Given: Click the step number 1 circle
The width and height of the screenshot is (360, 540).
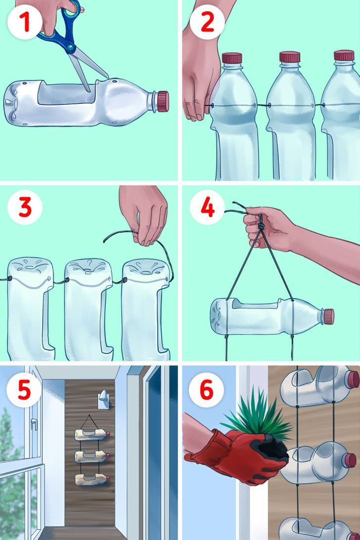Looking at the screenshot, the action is pyautogui.click(x=25, y=22).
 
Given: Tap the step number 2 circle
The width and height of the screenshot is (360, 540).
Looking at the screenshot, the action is pyautogui.click(x=207, y=22).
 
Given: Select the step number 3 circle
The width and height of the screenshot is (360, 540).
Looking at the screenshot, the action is pyautogui.click(x=25, y=207).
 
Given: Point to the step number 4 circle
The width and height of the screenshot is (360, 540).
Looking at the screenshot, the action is pyautogui.click(x=207, y=207).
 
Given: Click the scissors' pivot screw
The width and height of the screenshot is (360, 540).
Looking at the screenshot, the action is pyautogui.click(x=70, y=46).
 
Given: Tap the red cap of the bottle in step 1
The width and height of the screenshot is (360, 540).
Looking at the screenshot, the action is pyautogui.click(x=163, y=101).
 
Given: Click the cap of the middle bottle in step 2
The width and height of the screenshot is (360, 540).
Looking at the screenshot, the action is pyautogui.click(x=290, y=57).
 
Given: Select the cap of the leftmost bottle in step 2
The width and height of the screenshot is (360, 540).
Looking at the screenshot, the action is pyautogui.click(x=232, y=58).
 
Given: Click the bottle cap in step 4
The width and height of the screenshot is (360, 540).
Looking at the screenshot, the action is pyautogui.click(x=329, y=316).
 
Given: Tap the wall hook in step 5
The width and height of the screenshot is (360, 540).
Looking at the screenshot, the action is pyautogui.click(x=104, y=400).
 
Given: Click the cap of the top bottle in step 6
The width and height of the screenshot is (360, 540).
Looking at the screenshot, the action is pyautogui.click(x=353, y=379).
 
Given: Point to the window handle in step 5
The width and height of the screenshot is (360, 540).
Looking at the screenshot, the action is pyautogui.click(x=34, y=424).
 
